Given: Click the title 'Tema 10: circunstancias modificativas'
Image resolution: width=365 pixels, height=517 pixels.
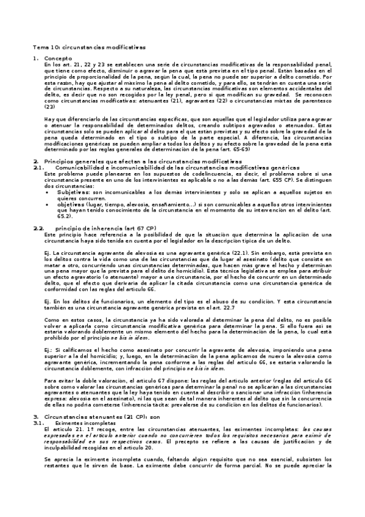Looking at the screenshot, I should (x=88, y=47).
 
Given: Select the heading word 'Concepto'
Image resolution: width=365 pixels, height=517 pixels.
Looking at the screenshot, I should (x=58, y=58).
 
